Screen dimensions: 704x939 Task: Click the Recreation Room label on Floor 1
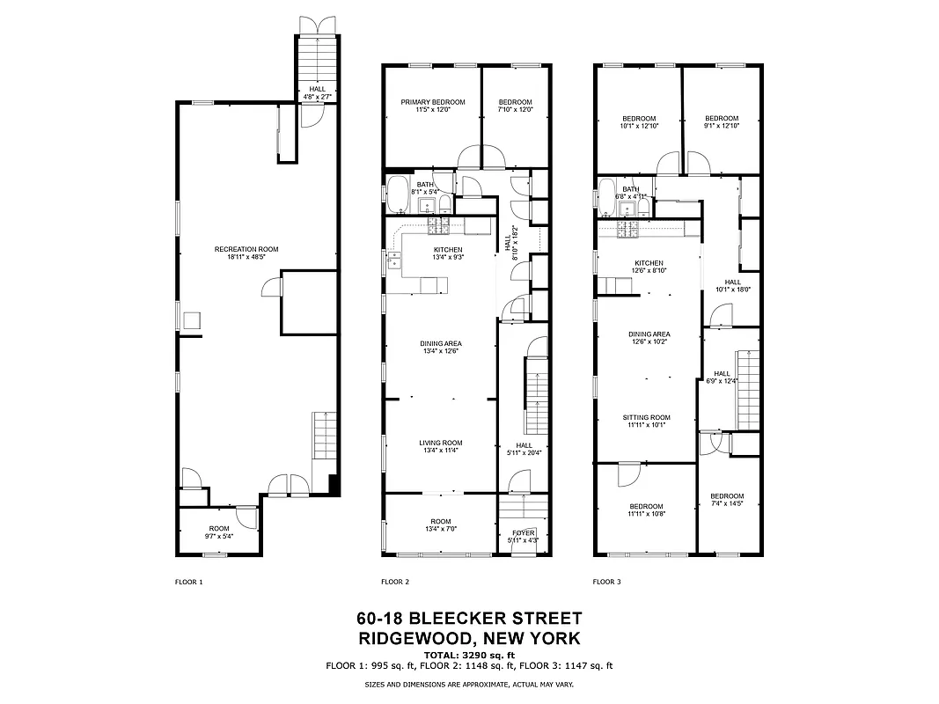point(246,250)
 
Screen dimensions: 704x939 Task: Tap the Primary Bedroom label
point(433,102)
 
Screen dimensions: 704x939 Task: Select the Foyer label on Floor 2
point(523,532)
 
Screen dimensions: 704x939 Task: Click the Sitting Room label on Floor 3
point(647,418)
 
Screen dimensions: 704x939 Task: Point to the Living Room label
point(441,443)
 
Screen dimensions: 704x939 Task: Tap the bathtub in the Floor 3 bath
point(606,193)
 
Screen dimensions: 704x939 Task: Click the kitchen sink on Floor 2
point(397,260)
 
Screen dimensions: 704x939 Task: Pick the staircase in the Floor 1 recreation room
point(324,434)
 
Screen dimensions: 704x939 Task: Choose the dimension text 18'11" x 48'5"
point(246,258)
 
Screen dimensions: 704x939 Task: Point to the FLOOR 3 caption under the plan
point(606,582)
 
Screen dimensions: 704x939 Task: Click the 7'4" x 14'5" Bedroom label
point(727,496)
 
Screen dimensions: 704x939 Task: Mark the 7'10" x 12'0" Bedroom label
point(515,102)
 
